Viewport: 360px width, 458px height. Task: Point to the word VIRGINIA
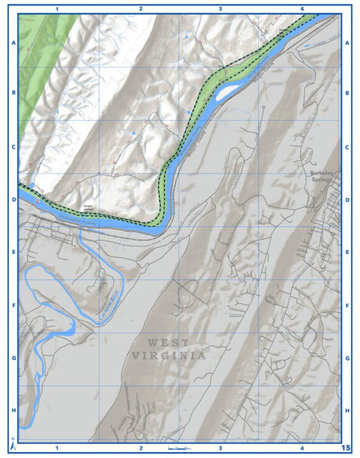(169, 356)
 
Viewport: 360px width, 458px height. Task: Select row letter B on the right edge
(347, 94)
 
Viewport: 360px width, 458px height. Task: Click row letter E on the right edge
(347, 253)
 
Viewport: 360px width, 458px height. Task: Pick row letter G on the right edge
(347, 358)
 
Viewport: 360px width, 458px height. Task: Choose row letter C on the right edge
(347, 147)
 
